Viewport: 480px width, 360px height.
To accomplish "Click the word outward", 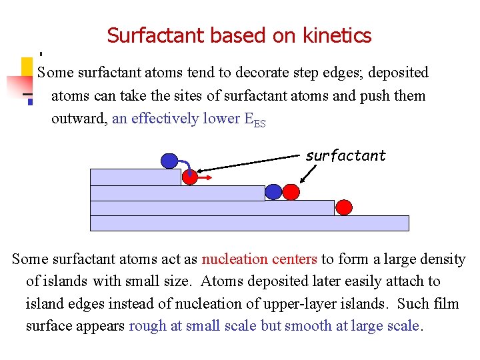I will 79,119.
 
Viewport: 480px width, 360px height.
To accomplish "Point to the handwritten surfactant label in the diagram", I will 345,156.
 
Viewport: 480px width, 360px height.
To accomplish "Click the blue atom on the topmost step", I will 170,161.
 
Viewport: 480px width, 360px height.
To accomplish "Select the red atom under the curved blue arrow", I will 190,177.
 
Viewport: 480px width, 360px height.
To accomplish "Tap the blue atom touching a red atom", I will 273,192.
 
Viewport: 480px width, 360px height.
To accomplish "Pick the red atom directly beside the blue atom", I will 291,192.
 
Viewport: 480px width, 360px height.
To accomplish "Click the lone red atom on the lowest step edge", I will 343,207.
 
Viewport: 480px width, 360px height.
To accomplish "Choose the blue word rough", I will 147,327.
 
